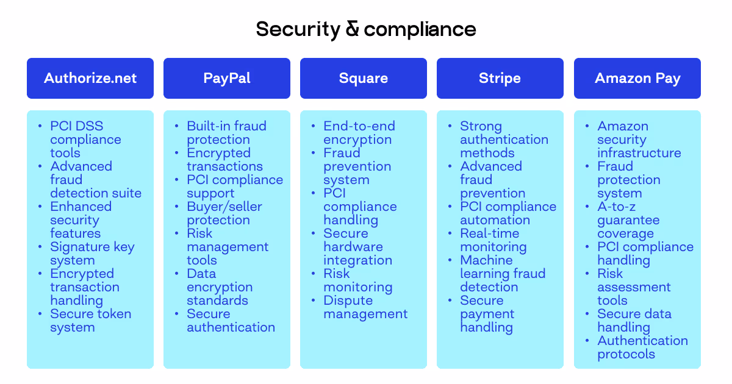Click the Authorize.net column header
click(x=90, y=79)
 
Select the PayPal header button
click(x=227, y=79)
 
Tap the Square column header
click(x=364, y=79)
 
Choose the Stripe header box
click(x=500, y=79)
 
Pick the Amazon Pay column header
click(x=637, y=79)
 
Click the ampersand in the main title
click(x=352, y=29)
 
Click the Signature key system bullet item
click(x=91, y=254)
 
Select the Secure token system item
click(x=90, y=321)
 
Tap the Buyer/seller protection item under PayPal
click(x=224, y=213)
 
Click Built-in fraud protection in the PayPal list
click(x=226, y=133)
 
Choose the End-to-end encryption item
click(x=359, y=133)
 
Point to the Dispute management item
click(x=365, y=307)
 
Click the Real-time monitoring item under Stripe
click(x=493, y=240)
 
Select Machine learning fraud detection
click(x=502, y=274)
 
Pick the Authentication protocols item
click(x=642, y=347)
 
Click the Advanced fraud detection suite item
click(x=95, y=180)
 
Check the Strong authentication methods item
click(x=504, y=140)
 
